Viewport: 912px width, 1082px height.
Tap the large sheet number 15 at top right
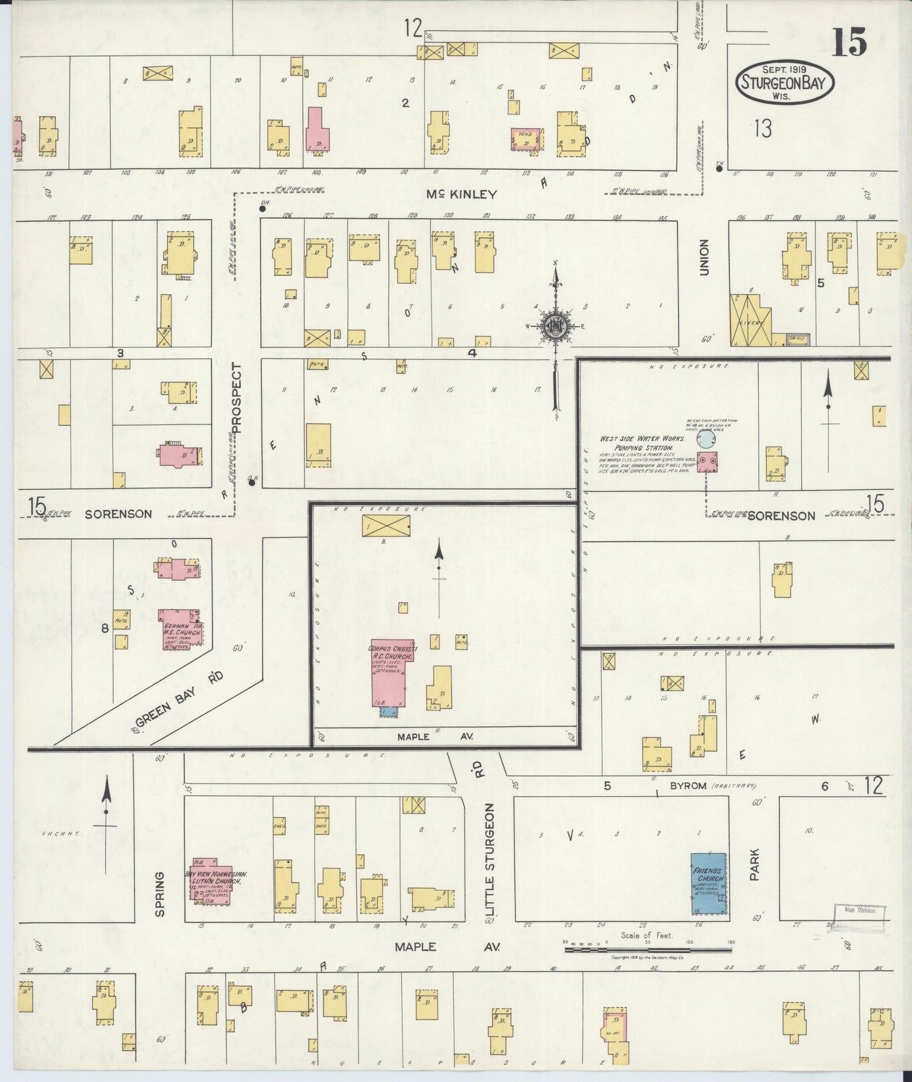pos(849,43)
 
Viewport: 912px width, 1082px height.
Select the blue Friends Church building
pos(708,883)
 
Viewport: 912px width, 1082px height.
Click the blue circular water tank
pos(706,438)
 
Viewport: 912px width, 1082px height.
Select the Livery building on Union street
pos(750,319)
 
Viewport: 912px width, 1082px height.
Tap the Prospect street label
pos(237,398)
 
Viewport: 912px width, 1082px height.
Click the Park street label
pos(755,864)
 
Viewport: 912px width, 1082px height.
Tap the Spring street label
pos(159,894)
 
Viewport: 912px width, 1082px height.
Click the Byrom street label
pos(687,787)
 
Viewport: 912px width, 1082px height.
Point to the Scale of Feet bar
pos(647,948)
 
